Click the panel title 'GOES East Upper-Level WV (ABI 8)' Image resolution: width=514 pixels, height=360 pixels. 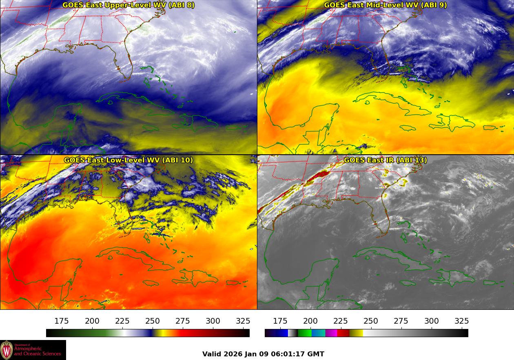(x=128, y=5)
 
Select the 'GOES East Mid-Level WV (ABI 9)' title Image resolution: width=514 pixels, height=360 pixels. (x=385, y=5)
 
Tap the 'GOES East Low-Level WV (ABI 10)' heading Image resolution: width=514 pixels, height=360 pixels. (x=128, y=160)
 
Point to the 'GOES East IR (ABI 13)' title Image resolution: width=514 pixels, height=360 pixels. (x=385, y=160)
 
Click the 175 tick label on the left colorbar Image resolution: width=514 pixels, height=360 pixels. (x=62, y=321)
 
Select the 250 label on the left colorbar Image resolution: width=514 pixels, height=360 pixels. (x=153, y=321)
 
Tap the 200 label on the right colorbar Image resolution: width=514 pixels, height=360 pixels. (x=310, y=321)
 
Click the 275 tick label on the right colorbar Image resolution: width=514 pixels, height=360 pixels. (x=401, y=321)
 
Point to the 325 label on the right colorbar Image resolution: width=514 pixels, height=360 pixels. (x=461, y=321)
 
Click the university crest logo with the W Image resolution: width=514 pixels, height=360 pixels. (x=7, y=350)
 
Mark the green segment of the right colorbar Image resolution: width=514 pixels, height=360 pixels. (x=304, y=333)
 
